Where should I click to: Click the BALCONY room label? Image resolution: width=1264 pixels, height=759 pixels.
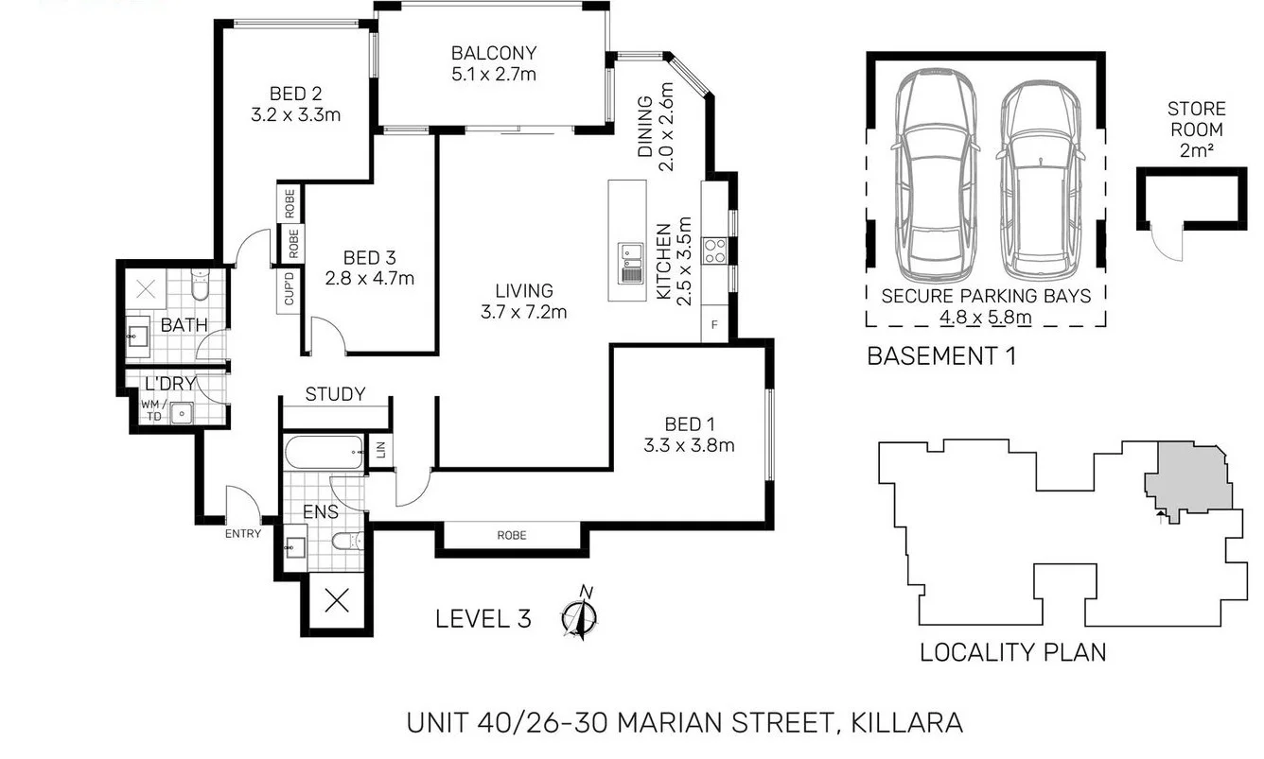click(x=493, y=54)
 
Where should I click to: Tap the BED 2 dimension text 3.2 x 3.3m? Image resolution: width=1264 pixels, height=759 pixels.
click(x=295, y=115)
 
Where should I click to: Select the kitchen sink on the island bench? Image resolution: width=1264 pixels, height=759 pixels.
click(x=631, y=263)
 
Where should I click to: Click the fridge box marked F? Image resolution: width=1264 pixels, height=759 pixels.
click(x=714, y=325)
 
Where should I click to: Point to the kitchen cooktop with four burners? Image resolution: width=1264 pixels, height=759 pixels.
click(x=715, y=250)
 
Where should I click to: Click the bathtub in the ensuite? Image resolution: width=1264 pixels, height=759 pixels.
click(x=324, y=453)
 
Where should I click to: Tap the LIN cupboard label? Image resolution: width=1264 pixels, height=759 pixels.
click(x=381, y=452)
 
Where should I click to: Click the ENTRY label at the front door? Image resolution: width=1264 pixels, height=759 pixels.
click(x=243, y=534)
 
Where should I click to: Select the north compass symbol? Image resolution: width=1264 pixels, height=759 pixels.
click(x=580, y=616)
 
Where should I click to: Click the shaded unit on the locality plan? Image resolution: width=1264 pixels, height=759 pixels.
click(x=1190, y=479)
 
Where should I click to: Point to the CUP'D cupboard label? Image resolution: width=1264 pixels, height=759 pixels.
click(x=289, y=289)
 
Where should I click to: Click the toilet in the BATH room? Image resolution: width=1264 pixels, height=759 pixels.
click(x=200, y=281)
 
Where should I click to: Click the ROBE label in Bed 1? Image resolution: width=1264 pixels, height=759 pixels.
click(x=512, y=536)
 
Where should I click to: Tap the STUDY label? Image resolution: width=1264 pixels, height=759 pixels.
click(x=335, y=395)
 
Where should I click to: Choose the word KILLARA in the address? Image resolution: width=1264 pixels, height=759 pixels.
click(x=907, y=723)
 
